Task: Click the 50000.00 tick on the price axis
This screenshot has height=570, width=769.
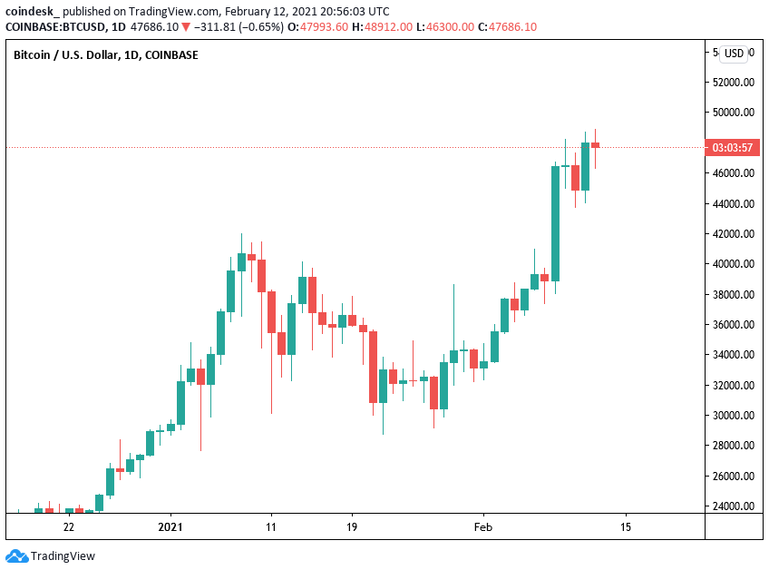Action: click(x=735, y=113)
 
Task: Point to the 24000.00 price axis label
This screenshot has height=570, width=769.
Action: click(x=735, y=506)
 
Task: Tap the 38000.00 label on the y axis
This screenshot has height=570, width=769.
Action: click(x=735, y=294)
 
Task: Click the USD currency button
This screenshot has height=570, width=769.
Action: click(x=734, y=54)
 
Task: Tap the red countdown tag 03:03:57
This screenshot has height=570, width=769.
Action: click(x=734, y=147)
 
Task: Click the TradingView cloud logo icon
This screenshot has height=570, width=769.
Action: click(x=16, y=555)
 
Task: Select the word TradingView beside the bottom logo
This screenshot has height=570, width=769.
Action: click(x=63, y=556)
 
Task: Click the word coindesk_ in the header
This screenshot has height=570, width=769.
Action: click(x=30, y=11)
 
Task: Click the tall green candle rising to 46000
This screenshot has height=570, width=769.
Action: click(x=555, y=223)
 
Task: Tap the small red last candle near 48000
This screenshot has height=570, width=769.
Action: click(x=595, y=144)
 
